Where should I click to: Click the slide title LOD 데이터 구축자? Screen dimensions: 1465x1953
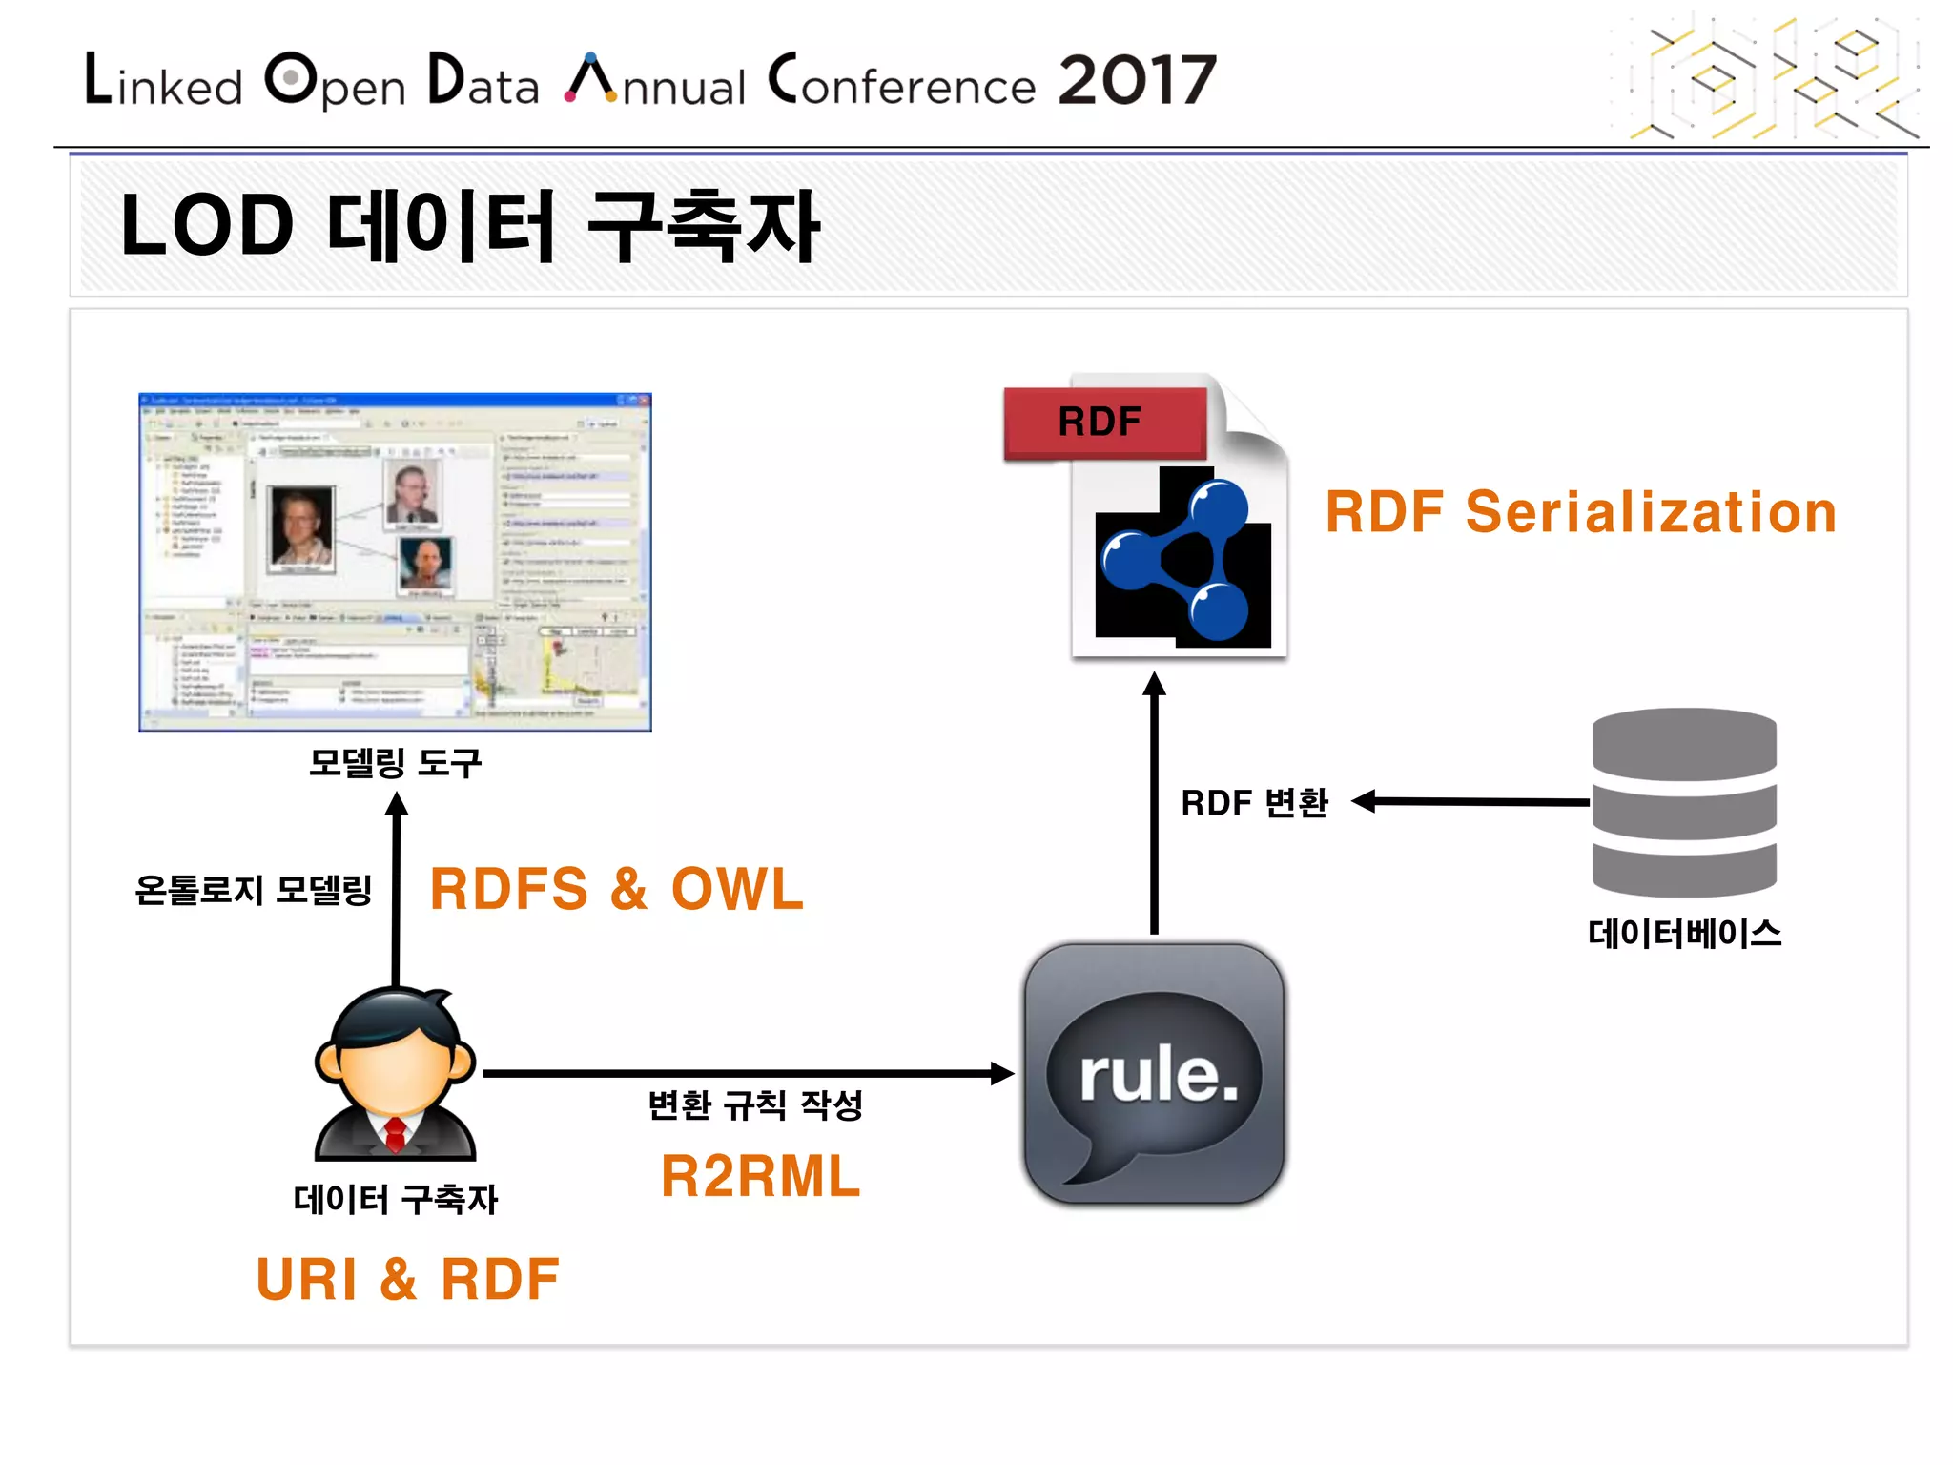click(x=469, y=226)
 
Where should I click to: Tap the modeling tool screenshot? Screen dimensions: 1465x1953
click(x=395, y=562)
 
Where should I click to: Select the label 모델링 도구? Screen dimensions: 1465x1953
click(x=395, y=763)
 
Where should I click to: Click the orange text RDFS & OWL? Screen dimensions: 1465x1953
click(x=617, y=889)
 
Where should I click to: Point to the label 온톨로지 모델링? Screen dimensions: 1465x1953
click(x=254, y=890)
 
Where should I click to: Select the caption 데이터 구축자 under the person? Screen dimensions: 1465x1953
click(x=395, y=1199)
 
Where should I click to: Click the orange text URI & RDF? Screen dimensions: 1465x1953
click(x=407, y=1279)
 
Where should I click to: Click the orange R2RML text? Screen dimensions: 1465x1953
click(x=760, y=1176)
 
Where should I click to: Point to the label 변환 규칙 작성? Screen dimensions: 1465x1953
click(x=754, y=1105)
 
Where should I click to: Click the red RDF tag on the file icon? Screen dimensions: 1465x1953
click(x=1102, y=422)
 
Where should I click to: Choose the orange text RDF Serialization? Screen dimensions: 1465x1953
click(x=1580, y=512)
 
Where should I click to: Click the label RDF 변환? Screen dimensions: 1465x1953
click(x=1254, y=803)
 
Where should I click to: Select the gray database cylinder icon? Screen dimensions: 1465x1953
click(x=1684, y=801)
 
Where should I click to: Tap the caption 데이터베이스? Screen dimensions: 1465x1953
click(x=1684, y=933)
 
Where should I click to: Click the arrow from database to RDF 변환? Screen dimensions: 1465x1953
click(x=1478, y=801)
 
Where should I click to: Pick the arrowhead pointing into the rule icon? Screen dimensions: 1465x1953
click(x=1001, y=1074)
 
